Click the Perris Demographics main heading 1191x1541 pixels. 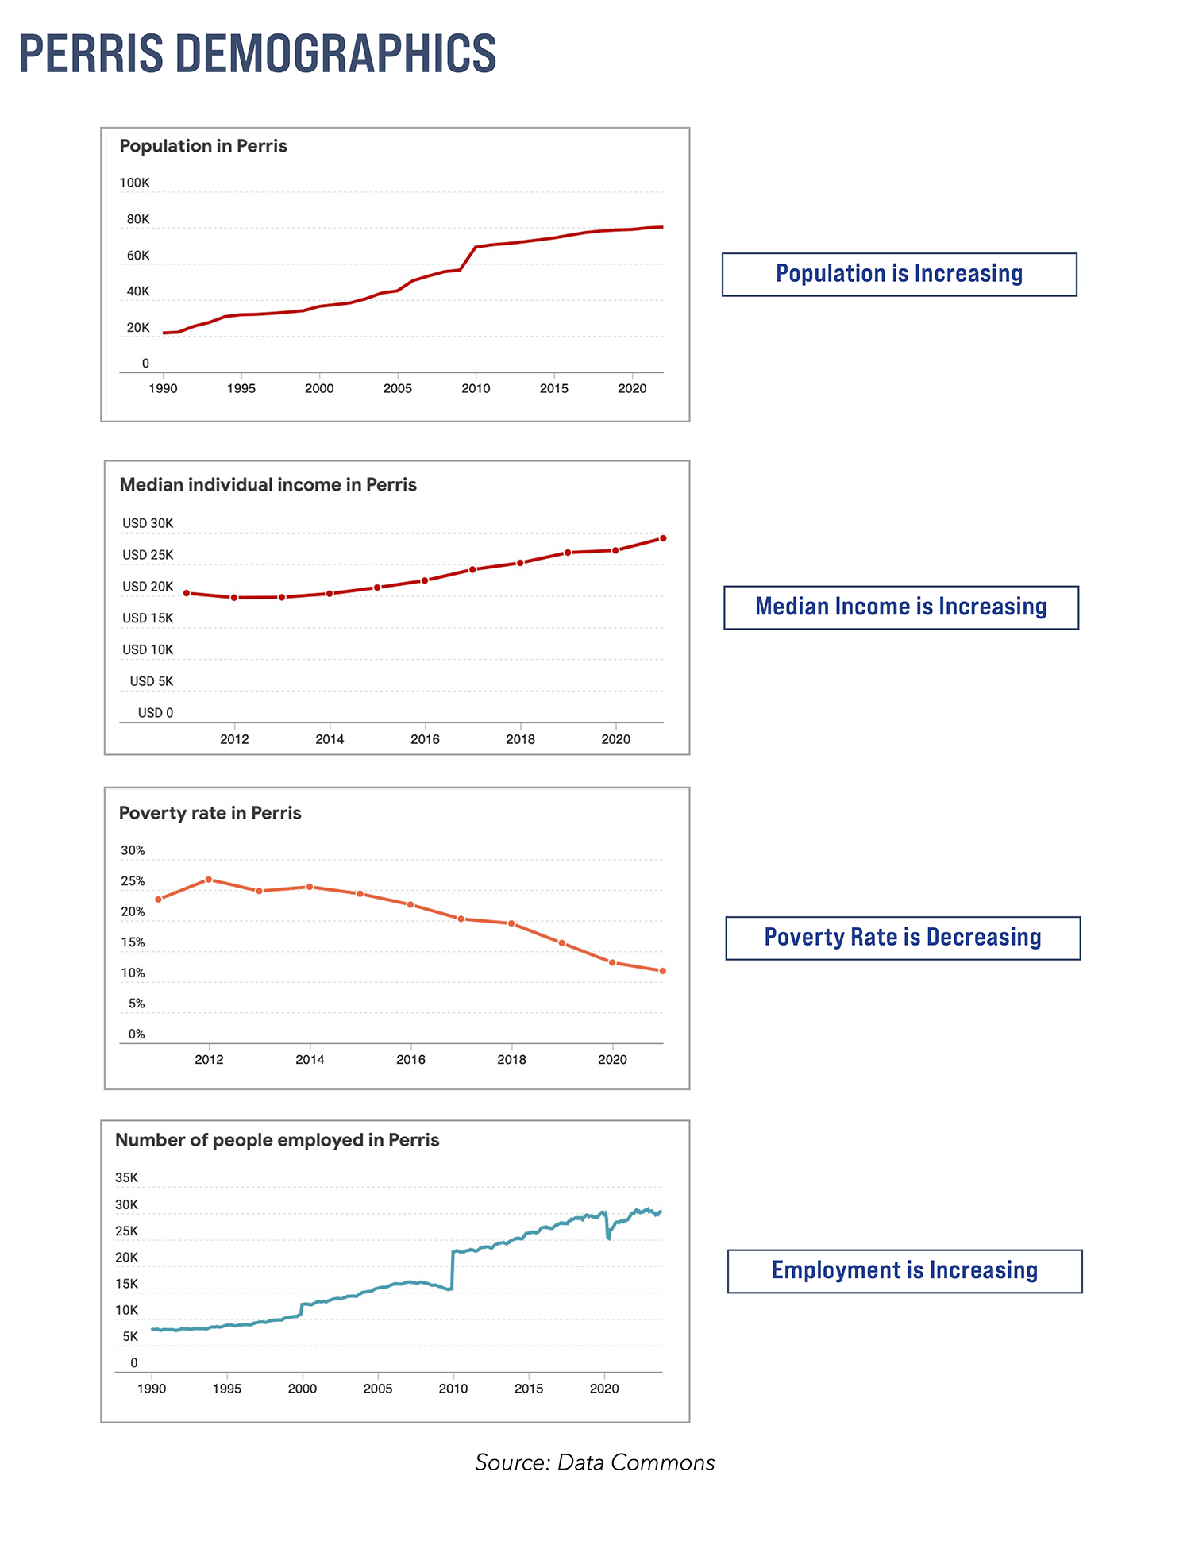click(257, 54)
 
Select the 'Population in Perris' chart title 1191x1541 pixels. click(203, 146)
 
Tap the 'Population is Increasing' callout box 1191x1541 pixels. click(899, 275)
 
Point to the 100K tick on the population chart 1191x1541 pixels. click(134, 183)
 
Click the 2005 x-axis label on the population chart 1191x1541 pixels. click(398, 388)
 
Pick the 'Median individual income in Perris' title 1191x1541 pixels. click(268, 485)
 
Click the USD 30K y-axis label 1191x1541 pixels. click(148, 524)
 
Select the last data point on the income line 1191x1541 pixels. click(663, 538)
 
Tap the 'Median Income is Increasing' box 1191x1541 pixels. click(900, 607)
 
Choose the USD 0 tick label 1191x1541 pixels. click(156, 713)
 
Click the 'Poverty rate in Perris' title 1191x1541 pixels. click(210, 813)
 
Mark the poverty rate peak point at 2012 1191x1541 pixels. click(209, 880)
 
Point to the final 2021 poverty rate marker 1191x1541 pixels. click(663, 971)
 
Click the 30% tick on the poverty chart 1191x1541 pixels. click(133, 851)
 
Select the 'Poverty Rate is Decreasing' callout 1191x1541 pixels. click(903, 938)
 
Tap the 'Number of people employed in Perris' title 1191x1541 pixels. click(277, 1140)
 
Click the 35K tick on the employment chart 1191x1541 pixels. click(127, 1178)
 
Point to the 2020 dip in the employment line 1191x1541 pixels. click(608, 1237)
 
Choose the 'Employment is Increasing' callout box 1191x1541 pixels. click(904, 1271)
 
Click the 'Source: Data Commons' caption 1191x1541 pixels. click(595, 1462)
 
